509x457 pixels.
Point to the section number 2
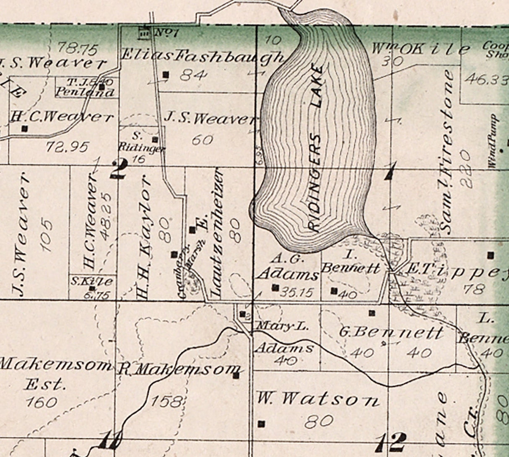pos(118,169)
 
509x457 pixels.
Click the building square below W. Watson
pos(262,423)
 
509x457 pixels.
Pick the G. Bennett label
pos(390,333)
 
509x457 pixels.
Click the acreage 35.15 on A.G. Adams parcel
pos(297,292)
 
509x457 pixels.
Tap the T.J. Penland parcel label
pos(86,88)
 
